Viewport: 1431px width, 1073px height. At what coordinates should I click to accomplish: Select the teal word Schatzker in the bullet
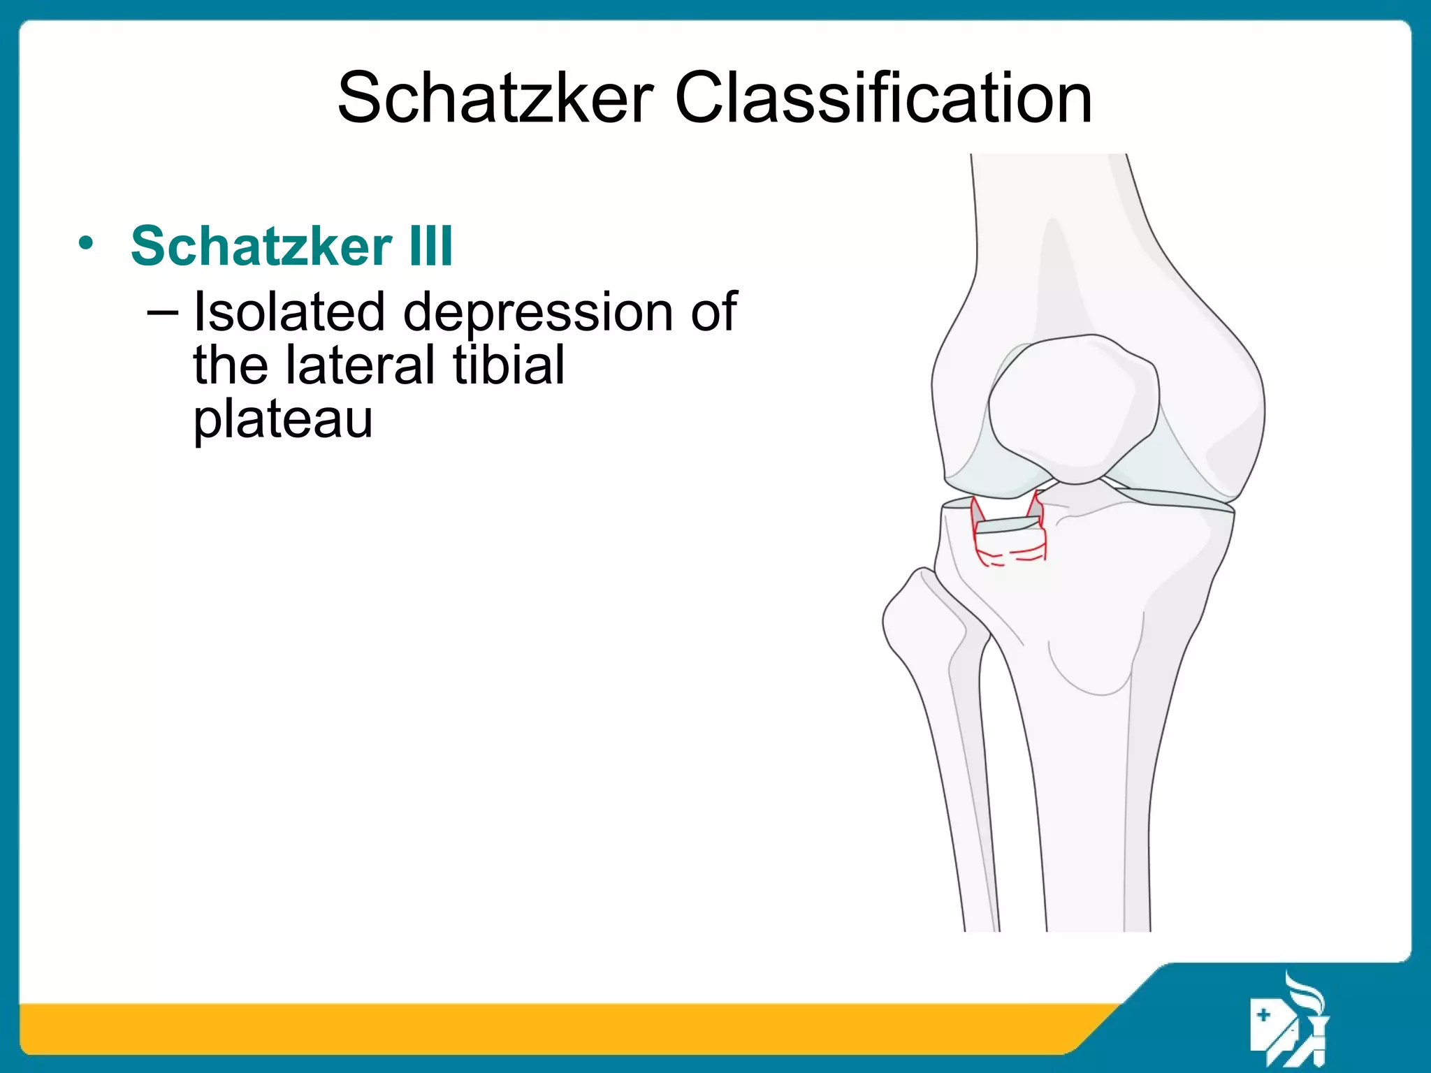(261, 246)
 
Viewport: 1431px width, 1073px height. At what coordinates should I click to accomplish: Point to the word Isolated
(289, 312)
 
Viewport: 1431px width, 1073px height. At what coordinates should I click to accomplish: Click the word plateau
(282, 421)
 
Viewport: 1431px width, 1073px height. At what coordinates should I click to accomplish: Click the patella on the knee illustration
(1074, 409)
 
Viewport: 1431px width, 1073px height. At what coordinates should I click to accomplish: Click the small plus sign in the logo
(1263, 1015)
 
